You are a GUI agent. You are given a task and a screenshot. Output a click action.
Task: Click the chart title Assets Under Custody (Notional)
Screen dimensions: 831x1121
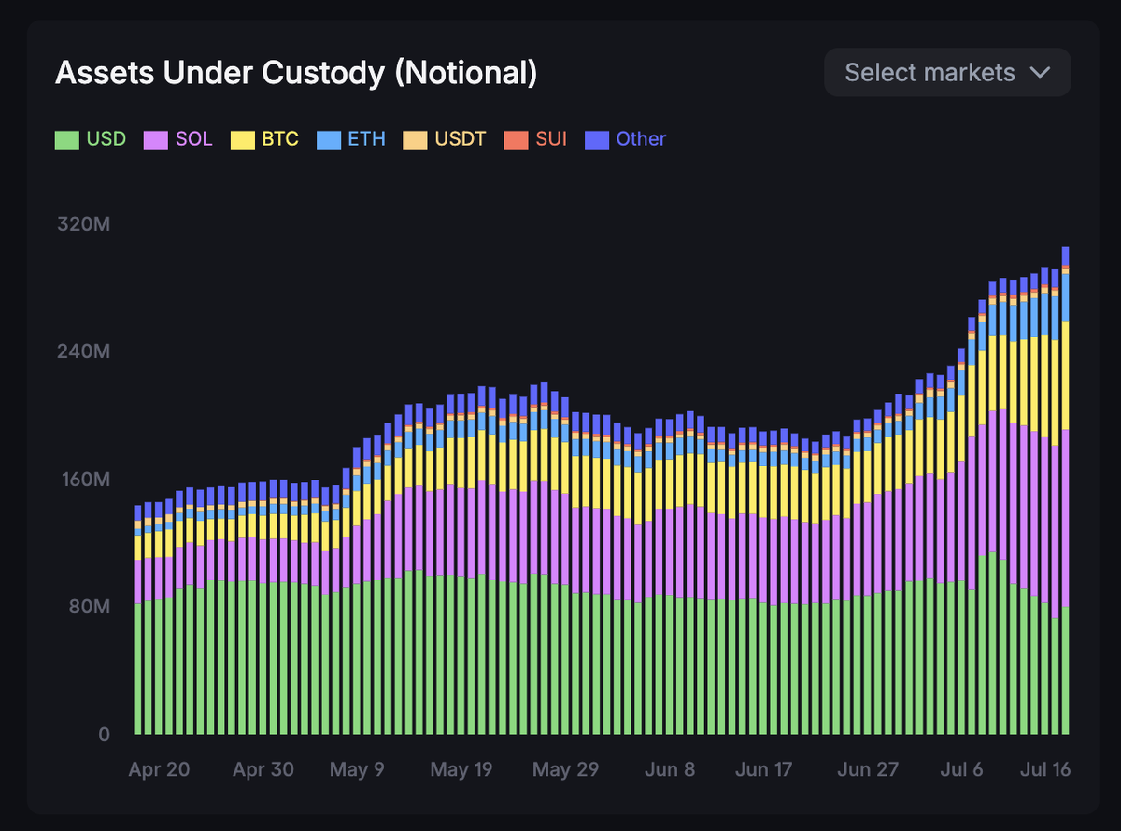pyautogui.click(x=295, y=73)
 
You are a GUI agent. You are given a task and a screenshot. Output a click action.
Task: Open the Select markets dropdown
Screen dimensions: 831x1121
pyautogui.click(x=946, y=73)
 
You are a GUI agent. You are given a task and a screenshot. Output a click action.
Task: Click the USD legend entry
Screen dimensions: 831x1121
pyautogui.click(x=91, y=139)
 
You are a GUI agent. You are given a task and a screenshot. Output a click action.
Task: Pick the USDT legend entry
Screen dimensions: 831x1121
pyautogui.click(x=445, y=139)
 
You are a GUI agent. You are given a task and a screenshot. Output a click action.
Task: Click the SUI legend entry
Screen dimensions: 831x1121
pyautogui.click(x=535, y=139)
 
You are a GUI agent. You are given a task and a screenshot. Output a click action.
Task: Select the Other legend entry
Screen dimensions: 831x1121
pyautogui.click(x=625, y=139)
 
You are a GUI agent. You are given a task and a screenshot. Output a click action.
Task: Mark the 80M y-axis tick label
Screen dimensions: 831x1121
pyautogui.click(x=90, y=607)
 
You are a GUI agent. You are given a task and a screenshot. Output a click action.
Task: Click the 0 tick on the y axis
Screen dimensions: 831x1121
pyautogui.click(x=104, y=734)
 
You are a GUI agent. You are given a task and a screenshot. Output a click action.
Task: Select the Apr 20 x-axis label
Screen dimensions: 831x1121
pyautogui.click(x=159, y=770)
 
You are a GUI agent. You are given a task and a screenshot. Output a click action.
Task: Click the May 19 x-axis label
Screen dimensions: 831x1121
pyautogui.click(x=461, y=770)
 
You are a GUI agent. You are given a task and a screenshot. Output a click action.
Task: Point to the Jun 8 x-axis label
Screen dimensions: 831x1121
pyautogui.click(x=670, y=770)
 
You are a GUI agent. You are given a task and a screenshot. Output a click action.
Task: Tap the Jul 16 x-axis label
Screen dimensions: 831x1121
pyautogui.click(x=1044, y=770)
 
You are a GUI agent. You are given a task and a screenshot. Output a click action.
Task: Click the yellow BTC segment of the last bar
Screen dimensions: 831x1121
pyautogui.click(x=1065, y=374)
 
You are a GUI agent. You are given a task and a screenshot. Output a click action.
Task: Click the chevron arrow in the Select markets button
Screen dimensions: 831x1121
pyautogui.click(x=1040, y=73)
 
